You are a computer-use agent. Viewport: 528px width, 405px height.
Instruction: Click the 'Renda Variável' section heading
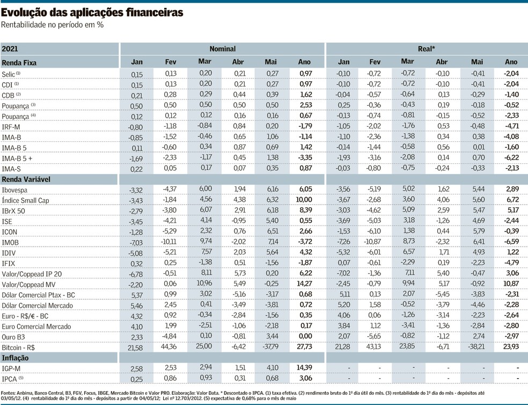[x=26, y=178]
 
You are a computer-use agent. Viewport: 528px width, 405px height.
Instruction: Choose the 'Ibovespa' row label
[x=16, y=190]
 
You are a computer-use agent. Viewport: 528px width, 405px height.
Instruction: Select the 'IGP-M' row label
[x=12, y=368]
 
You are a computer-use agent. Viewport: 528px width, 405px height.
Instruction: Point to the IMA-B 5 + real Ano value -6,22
[x=511, y=157]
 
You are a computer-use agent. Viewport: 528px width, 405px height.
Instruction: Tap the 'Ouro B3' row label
[x=14, y=336]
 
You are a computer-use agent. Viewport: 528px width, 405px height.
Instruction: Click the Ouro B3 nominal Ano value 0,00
[x=304, y=336]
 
